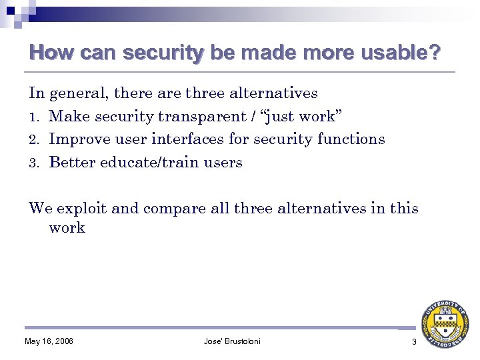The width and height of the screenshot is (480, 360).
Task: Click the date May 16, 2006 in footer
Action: [x=49, y=342]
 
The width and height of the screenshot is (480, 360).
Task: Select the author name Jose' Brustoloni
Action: [x=232, y=342]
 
